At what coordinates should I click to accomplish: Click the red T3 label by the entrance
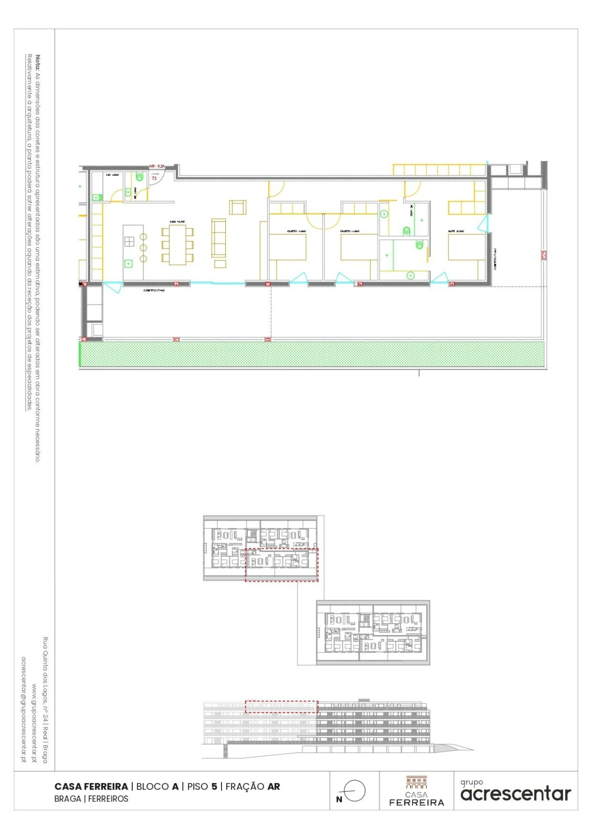click(154, 178)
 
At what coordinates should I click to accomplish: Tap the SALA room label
click(177, 222)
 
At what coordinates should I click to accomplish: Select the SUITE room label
click(456, 231)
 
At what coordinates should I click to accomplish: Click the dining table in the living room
click(177, 245)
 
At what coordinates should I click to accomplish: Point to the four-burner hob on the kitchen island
click(129, 241)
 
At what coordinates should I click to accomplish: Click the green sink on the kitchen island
click(128, 264)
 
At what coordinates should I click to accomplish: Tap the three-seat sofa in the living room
click(219, 238)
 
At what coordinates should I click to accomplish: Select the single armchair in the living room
click(238, 207)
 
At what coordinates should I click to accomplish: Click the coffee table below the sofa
click(220, 264)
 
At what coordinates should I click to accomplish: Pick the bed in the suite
click(466, 247)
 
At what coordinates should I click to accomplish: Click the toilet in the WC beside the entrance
click(139, 176)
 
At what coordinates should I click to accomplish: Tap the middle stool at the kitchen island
click(143, 248)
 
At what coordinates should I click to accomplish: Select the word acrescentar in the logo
click(516, 794)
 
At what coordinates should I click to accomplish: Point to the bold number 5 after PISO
click(214, 786)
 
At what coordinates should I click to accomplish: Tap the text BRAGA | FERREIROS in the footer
click(91, 799)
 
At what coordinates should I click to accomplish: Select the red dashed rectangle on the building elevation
click(281, 707)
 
